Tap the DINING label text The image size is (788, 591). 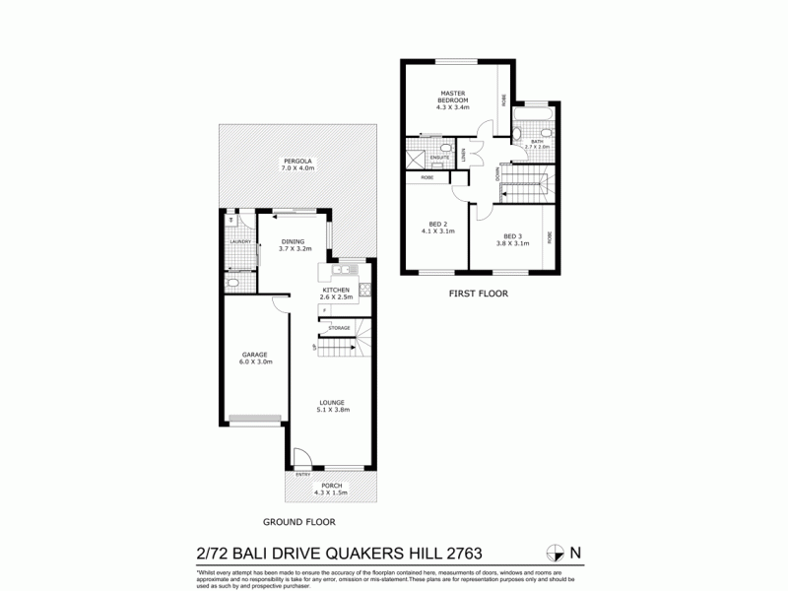[292, 240]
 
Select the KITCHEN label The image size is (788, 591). [336, 289]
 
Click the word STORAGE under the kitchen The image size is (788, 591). [339, 327]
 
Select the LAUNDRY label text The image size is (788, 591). [239, 241]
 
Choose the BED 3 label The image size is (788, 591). [512, 236]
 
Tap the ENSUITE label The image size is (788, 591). [440, 158]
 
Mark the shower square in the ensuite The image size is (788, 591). [415, 159]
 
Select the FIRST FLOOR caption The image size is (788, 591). [477, 293]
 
